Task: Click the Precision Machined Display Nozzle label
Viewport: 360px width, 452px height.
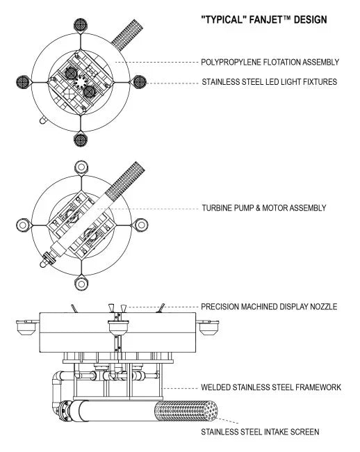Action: (268, 306)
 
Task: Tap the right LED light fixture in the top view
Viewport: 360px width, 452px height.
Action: (140, 81)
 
